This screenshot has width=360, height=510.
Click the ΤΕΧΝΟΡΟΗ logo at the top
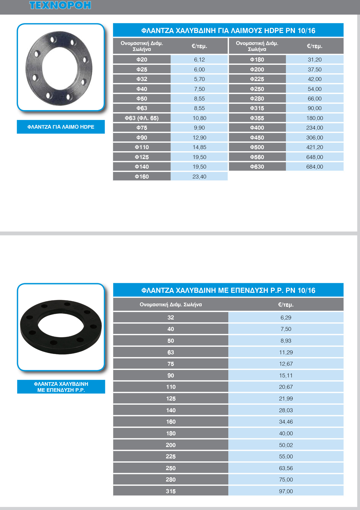click(x=60, y=5)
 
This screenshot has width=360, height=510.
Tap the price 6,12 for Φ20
click(x=199, y=60)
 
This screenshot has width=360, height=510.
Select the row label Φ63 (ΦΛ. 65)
click(x=142, y=118)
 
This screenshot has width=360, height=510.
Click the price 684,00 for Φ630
click(x=314, y=167)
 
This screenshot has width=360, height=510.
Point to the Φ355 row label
click(x=257, y=118)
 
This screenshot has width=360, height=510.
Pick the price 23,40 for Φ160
click(x=199, y=177)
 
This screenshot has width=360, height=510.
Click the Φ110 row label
click(x=142, y=147)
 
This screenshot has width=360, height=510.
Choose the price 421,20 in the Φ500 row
click(x=314, y=147)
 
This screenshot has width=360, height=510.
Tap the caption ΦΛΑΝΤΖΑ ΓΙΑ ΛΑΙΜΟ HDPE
click(x=61, y=127)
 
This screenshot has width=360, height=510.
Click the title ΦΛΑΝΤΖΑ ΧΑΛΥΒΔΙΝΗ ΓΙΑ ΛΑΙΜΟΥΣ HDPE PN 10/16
click(x=228, y=31)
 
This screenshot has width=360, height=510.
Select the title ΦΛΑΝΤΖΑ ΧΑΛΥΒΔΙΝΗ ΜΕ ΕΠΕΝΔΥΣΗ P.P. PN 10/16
click(x=228, y=290)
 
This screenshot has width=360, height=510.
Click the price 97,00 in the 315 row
click(x=286, y=491)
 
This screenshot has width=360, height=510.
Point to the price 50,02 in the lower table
click(x=286, y=445)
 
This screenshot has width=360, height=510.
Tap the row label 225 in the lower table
click(x=171, y=457)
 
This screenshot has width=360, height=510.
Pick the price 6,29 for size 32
click(x=286, y=318)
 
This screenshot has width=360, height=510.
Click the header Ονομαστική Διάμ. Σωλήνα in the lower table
click(x=171, y=304)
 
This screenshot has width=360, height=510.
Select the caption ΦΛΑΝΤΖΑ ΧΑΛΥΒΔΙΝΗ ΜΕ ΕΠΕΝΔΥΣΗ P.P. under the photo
click(x=61, y=387)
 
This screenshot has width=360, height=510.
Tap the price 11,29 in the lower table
click(x=286, y=352)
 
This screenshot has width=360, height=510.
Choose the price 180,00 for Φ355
click(x=314, y=118)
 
